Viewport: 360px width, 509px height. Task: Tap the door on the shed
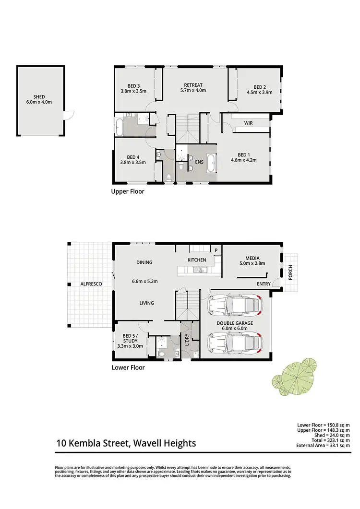(70, 116)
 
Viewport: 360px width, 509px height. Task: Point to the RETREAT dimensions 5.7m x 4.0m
(193, 90)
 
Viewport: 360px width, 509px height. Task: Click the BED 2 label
(260, 87)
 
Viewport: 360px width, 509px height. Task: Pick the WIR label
(248, 123)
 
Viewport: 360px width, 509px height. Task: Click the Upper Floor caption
(127, 191)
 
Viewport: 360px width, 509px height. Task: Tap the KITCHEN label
(197, 260)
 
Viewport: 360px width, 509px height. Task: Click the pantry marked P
(216, 250)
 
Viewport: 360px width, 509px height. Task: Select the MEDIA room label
(252, 257)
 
